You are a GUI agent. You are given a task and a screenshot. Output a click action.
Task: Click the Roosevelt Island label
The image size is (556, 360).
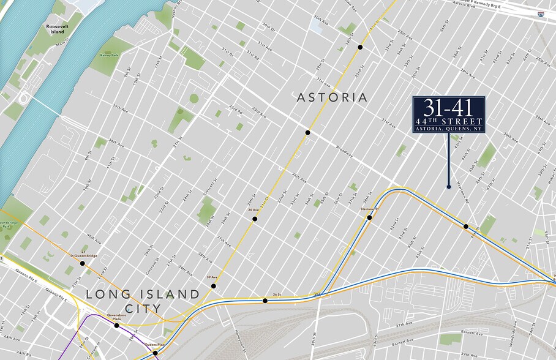click(60, 31)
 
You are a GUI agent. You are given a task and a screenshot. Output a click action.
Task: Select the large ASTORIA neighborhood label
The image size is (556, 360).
click(332, 97)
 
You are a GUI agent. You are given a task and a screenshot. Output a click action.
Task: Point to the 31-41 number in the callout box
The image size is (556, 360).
click(448, 108)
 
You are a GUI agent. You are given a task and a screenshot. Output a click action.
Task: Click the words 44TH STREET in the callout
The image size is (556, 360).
click(449, 121)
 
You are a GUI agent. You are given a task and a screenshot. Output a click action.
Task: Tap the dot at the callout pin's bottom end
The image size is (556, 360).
click(449, 187)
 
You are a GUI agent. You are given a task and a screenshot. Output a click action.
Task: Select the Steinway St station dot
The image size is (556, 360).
click(370, 217)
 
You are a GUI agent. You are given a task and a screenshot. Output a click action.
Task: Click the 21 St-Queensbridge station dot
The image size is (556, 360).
click(82, 263)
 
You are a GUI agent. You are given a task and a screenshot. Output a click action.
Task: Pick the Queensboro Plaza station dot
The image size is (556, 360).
click(116, 325)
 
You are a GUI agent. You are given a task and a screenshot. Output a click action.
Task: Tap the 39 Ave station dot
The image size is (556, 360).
click(214, 286)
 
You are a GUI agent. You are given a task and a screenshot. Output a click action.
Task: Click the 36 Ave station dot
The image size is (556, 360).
click(255, 219)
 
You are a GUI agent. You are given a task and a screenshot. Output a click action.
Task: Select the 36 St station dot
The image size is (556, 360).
click(265, 301)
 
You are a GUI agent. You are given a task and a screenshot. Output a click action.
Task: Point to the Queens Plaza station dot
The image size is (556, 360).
click(156, 353)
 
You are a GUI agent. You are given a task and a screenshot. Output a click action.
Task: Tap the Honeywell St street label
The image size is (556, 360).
click(238, 332)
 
